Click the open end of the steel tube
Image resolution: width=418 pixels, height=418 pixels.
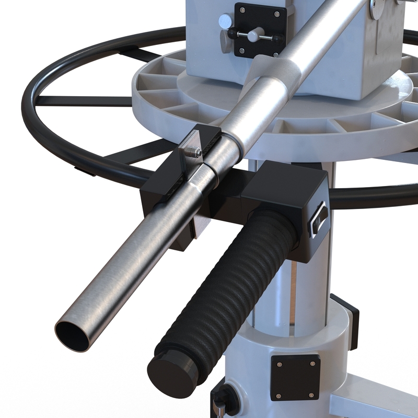73,336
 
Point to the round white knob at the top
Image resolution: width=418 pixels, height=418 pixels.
226,21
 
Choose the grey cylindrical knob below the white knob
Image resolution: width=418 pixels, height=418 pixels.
225,41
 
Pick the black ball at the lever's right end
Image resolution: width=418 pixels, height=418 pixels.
276,39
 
